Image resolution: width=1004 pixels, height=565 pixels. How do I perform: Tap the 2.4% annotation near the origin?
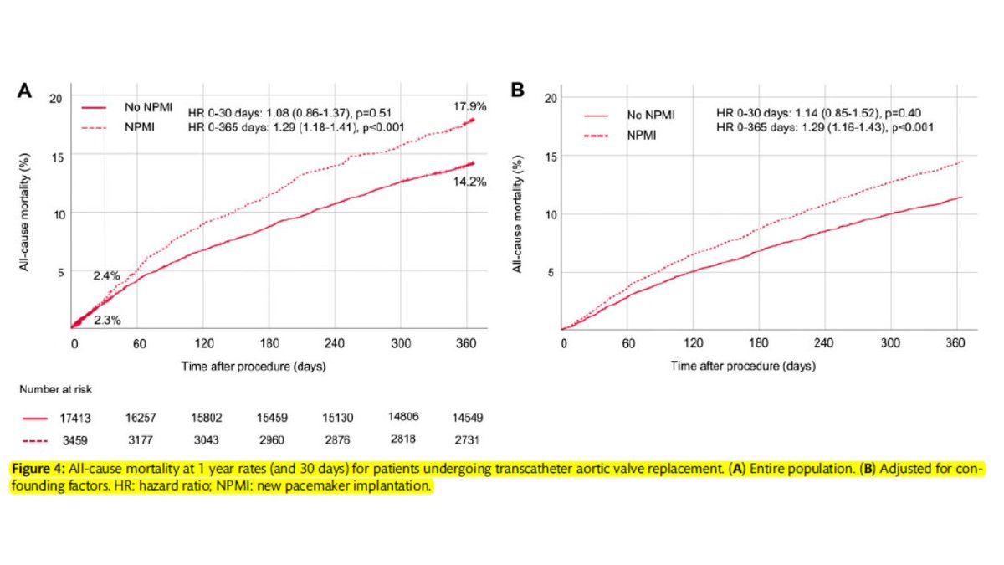point(105,275)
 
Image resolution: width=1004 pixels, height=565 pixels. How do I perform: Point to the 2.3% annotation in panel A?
point(105,319)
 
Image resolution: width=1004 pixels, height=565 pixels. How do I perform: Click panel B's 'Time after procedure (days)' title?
point(743,366)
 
